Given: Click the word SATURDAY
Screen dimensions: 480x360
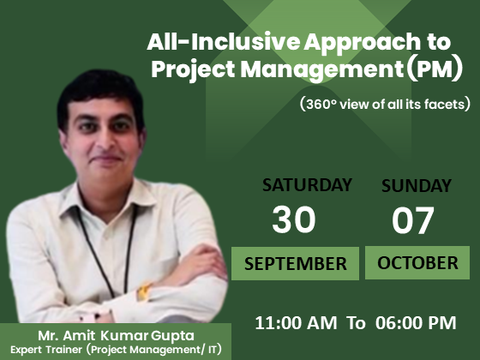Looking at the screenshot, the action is [x=307, y=185].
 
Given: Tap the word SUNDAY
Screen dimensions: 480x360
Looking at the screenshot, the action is [x=417, y=185].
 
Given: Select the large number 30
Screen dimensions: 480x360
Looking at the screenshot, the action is [x=293, y=219].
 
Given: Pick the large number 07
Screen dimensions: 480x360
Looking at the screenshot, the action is [x=413, y=220].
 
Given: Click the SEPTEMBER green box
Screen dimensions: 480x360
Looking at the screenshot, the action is [x=295, y=264].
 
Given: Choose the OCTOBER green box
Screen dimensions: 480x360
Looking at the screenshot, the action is [x=417, y=262].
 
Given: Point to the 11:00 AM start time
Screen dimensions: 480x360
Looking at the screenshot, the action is [x=296, y=322].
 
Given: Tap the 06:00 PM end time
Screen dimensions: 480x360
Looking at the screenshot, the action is [x=416, y=322].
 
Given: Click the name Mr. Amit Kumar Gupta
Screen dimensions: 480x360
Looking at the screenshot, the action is [x=116, y=336].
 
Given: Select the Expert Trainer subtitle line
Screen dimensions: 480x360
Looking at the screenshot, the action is [x=116, y=350].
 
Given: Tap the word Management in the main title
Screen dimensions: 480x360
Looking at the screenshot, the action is [x=322, y=70].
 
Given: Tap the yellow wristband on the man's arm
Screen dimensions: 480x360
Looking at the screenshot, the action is [x=143, y=291].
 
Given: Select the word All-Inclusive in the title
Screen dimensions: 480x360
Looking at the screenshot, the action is [x=223, y=42].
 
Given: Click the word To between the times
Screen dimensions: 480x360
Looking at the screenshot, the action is [x=356, y=323].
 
